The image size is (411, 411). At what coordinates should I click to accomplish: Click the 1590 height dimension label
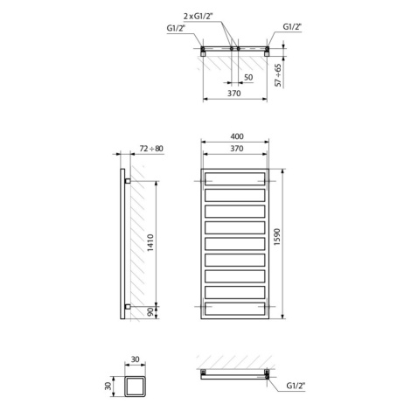[x=277, y=237]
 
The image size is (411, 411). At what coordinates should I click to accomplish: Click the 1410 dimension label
[x=150, y=242]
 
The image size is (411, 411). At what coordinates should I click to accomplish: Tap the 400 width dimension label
[x=237, y=136]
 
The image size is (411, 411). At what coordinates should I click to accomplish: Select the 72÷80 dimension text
[x=151, y=149]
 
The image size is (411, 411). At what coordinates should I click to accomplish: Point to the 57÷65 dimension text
[x=279, y=75]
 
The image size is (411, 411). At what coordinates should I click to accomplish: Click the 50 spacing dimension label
[x=248, y=78]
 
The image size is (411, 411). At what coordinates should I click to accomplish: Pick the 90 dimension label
[x=150, y=313]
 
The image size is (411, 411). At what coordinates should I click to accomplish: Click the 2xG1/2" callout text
[x=199, y=16]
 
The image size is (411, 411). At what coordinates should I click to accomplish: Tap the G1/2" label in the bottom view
[x=296, y=386]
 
